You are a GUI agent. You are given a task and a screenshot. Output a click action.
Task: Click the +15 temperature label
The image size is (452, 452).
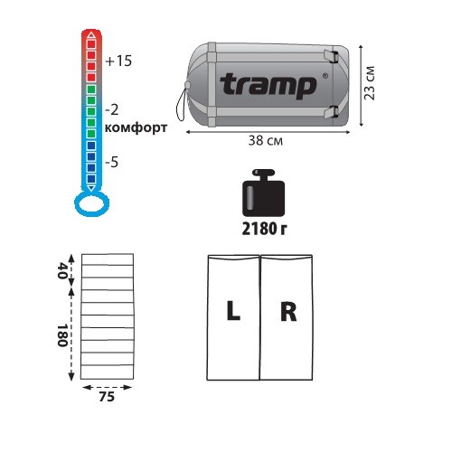(118, 61)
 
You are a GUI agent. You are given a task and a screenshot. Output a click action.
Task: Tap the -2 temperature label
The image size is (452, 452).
(112, 110)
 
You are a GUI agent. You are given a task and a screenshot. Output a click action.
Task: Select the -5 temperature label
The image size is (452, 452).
(112, 163)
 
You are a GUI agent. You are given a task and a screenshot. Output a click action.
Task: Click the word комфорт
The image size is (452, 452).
(136, 127)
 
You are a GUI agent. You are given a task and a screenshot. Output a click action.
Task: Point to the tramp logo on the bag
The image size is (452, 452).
(268, 85)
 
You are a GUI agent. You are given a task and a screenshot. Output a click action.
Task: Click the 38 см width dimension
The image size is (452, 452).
(266, 141)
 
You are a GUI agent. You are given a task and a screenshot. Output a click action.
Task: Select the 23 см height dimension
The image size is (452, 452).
(370, 83)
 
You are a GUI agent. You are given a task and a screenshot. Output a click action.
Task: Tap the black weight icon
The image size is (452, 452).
(264, 193)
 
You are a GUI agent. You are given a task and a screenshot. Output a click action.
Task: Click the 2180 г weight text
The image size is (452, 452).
(264, 229)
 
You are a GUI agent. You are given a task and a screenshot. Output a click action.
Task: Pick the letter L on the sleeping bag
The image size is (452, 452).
(233, 310)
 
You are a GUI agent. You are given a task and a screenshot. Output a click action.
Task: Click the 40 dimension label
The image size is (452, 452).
(62, 271)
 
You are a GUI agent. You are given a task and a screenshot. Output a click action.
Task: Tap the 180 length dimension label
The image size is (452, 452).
(62, 335)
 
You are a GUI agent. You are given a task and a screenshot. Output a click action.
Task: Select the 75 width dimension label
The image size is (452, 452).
(107, 397)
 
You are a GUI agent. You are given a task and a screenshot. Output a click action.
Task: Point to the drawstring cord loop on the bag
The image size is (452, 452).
(182, 105)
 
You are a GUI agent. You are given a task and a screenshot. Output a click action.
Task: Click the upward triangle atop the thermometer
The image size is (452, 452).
(91, 35)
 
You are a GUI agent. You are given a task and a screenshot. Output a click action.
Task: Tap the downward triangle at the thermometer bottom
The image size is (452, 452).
(91, 189)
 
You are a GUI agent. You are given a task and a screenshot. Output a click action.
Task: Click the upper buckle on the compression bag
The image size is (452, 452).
(332, 56)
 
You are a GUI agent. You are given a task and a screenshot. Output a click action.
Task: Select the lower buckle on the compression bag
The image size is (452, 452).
(332, 112)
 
